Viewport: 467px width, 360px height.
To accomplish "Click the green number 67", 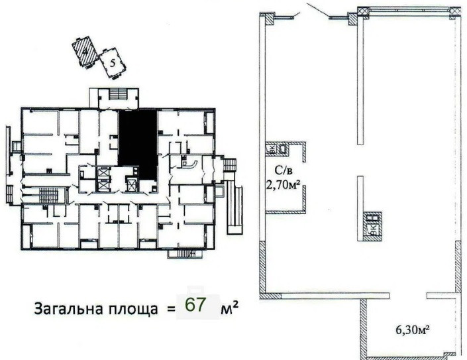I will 197,306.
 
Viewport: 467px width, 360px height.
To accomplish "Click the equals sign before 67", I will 170,309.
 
